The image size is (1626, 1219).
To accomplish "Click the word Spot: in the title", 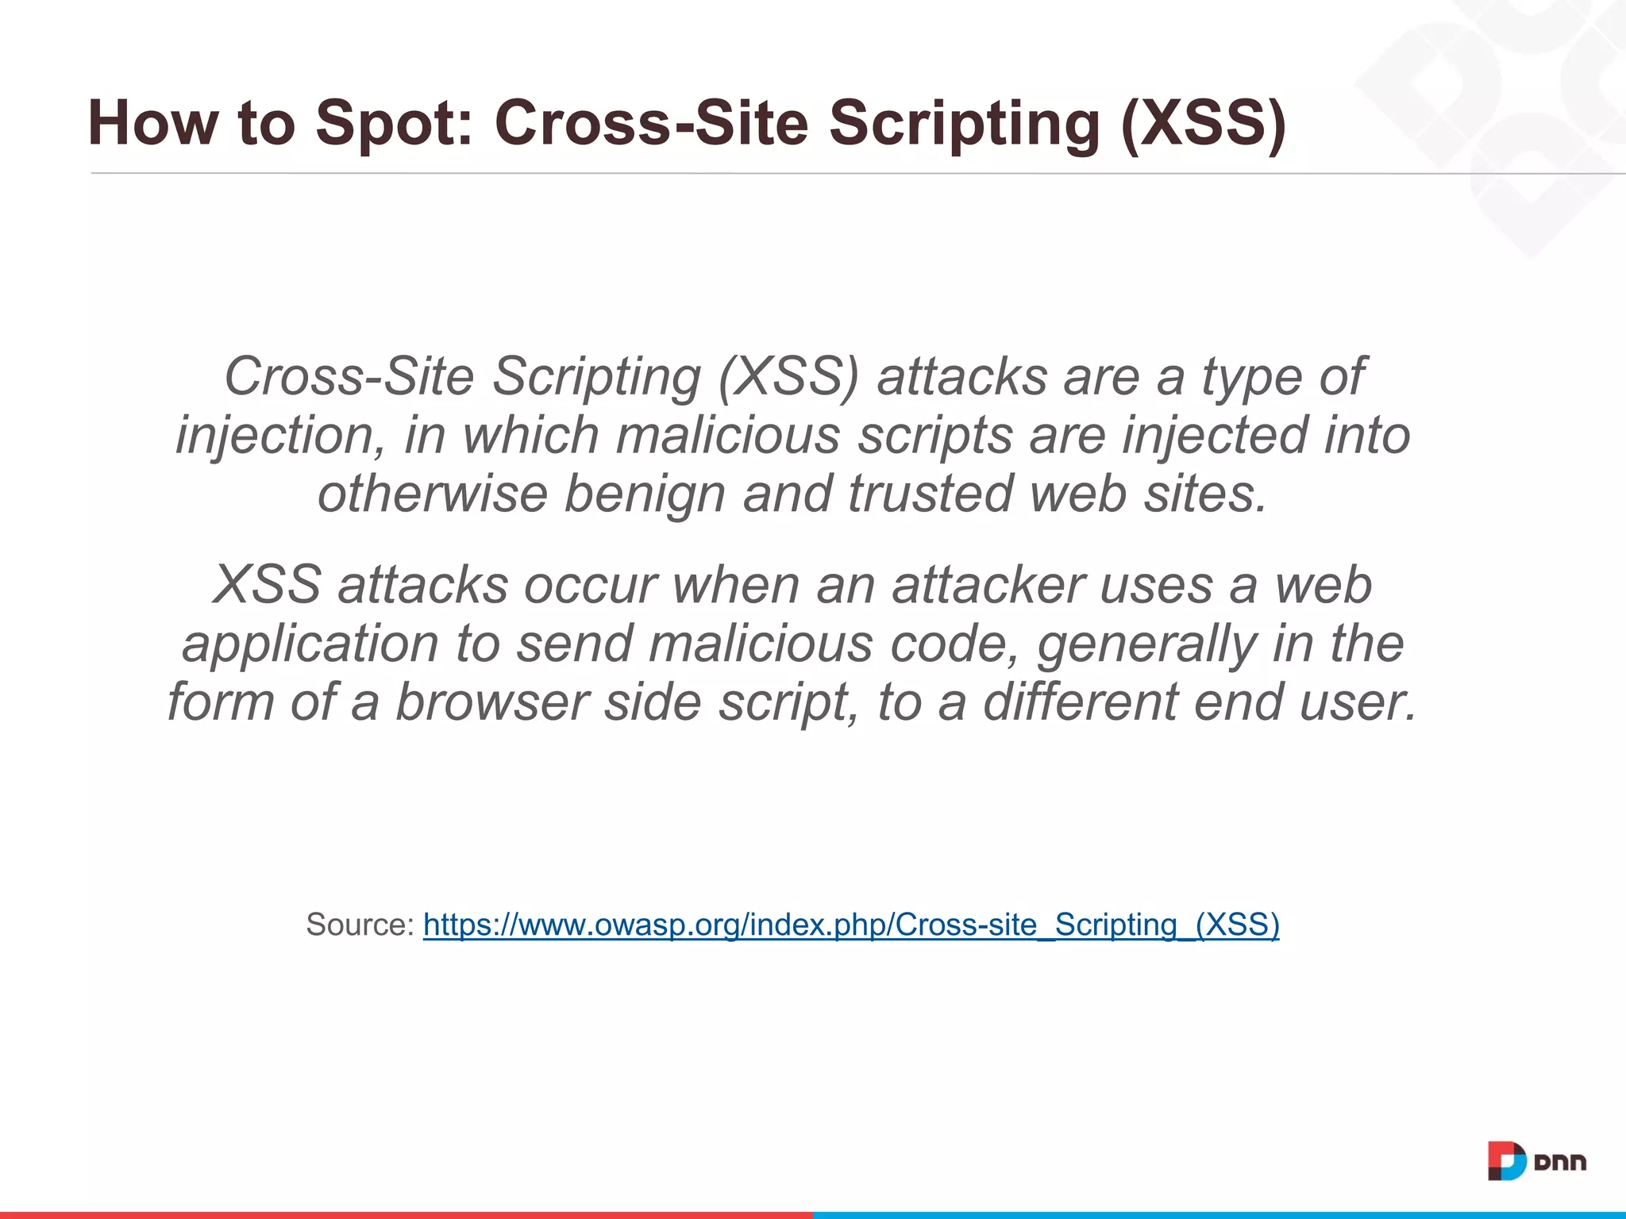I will [394, 124].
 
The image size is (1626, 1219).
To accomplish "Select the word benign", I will [644, 494].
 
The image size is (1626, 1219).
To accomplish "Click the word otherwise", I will [432, 494].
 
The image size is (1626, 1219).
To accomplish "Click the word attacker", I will [987, 586].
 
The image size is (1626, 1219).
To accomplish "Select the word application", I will [310, 644].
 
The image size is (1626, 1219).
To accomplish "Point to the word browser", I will [491, 702].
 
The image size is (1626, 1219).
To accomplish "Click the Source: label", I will [360, 925].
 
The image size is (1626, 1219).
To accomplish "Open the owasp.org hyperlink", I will [851, 925].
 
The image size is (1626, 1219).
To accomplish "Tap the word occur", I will [590, 586].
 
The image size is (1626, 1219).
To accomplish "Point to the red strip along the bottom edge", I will [406, 1214].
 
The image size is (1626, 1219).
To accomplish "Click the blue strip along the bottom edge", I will [1219, 1214].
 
